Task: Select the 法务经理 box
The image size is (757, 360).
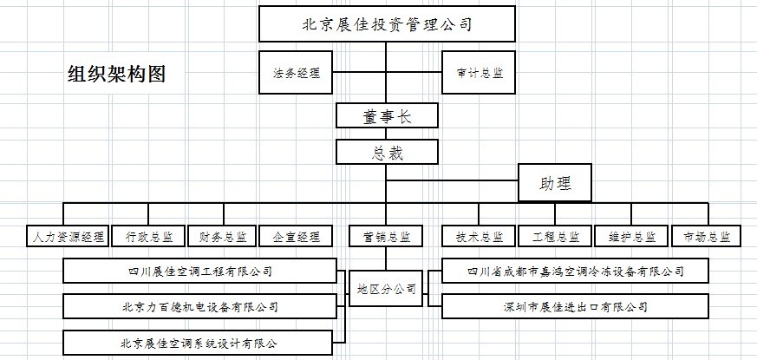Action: pyautogui.click(x=296, y=74)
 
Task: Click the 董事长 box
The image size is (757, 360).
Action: pyautogui.click(x=387, y=116)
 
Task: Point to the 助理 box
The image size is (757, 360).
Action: pyautogui.click(x=556, y=184)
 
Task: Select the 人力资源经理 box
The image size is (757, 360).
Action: pyautogui.click(x=68, y=236)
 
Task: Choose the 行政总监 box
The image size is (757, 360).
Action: pyautogui.click(x=148, y=236)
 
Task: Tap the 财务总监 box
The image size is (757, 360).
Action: pyautogui.click(x=222, y=236)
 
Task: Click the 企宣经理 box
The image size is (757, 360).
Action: pyautogui.click(x=296, y=236)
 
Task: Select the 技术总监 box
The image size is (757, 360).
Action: pyautogui.click(x=479, y=236)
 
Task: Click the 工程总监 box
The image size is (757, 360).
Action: pyautogui.click(x=556, y=236)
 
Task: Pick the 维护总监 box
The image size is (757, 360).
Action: pyautogui.click(x=631, y=236)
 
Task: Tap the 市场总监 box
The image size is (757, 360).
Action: pyautogui.click(x=707, y=236)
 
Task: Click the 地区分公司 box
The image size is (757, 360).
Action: pyautogui.click(x=387, y=288)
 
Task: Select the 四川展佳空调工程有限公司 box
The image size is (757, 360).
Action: pyautogui.click(x=200, y=272)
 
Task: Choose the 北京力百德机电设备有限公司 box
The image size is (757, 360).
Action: pyautogui.click(x=200, y=307)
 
